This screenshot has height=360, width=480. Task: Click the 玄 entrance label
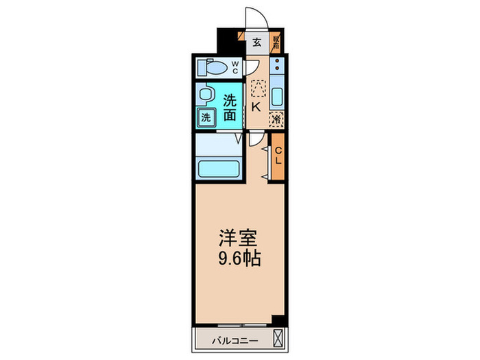(x=256, y=43)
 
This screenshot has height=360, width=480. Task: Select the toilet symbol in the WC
(x=212, y=68)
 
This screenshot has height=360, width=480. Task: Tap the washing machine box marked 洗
(x=205, y=117)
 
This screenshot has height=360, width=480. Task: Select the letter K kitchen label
(x=255, y=107)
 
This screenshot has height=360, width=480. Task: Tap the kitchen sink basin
(x=277, y=96)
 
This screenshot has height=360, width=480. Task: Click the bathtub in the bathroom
(x=217, y=168)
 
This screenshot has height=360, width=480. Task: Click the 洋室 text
(x=239, y=239)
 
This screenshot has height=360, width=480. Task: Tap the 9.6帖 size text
(x=239, y=260)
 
